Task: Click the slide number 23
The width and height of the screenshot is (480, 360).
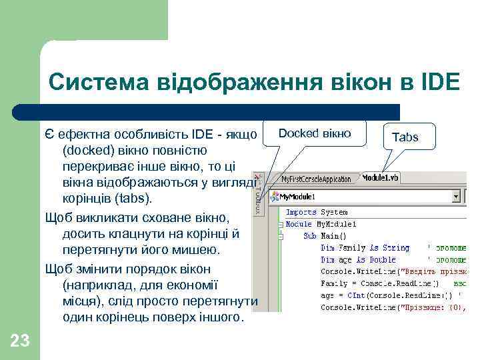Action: tap(20, 341)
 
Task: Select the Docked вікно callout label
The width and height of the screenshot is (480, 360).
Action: tap(314, 133)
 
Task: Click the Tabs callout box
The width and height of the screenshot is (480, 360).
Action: tap(405, 137)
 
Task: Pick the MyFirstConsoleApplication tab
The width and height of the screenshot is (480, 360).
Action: tap(316, 179)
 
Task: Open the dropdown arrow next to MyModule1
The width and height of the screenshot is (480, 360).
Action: tap(457, 197)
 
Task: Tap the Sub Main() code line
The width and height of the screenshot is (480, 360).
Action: tap(325, 235)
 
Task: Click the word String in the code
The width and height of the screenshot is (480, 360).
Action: tap(396, 247)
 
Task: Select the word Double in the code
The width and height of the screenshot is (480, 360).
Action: tap(383, 259)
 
